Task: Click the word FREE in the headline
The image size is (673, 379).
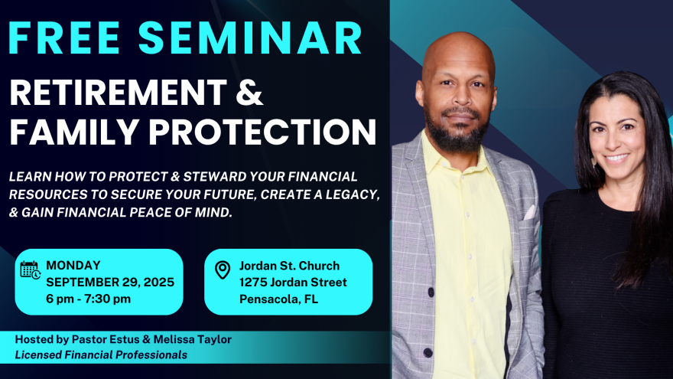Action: point(64,38)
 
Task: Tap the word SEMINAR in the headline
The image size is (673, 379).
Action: point(250,38)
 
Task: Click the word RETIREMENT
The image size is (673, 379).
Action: point(118,92)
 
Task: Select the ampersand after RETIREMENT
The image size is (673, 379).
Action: point(249,92)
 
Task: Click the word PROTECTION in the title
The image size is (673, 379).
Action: point(262,131)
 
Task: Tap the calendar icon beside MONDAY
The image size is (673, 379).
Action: point(31,270)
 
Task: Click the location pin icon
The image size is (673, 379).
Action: point(223,270)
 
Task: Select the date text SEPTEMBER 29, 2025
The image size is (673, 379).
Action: point(110,283)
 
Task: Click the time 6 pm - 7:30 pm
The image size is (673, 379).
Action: point(89,299)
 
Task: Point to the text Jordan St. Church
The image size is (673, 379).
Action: point(289,266)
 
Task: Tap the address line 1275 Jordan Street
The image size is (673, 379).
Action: point(293,283)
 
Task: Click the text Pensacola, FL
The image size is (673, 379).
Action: point(278,299)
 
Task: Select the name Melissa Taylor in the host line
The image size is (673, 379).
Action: point(192,339)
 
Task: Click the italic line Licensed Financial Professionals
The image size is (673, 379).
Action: point(101,355)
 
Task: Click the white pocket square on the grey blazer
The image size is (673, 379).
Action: point(530,212)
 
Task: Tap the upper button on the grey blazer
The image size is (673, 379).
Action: point(431,292)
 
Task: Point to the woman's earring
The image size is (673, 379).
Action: point(593,162)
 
